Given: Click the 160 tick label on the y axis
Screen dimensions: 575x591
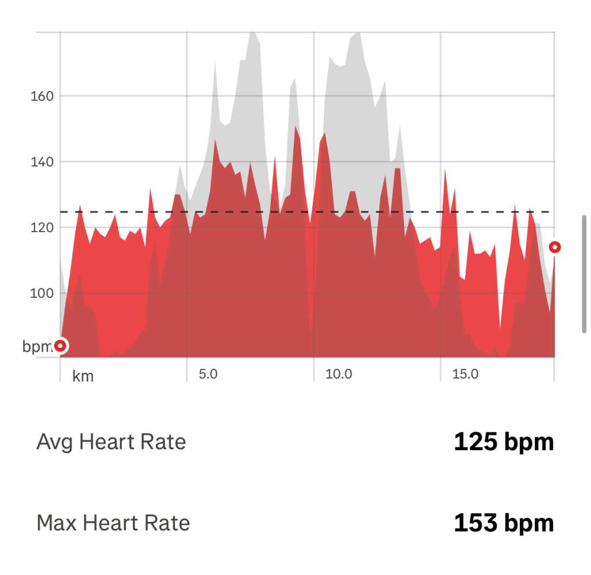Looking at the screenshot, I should point(42,96).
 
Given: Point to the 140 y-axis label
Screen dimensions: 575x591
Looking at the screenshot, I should point(42,162).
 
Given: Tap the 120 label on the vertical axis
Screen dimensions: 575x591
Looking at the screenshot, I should point(42,227).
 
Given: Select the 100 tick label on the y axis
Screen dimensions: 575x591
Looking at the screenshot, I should point(42,293).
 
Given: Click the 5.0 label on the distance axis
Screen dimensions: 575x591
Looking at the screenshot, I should point(208,374).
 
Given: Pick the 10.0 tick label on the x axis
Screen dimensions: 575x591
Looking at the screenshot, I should point(339,374).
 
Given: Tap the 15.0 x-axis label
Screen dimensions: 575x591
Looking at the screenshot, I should point(465,374).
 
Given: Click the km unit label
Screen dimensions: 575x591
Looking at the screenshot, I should point(83,376).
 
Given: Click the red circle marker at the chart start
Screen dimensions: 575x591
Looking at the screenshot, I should point(60,346).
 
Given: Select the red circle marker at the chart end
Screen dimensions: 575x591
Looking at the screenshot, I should point(555,247).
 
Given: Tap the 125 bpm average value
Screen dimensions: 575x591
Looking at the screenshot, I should point(503,442).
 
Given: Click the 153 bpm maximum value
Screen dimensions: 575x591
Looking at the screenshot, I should point(503,524).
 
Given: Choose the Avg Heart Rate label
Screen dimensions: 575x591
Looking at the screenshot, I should point(111,442).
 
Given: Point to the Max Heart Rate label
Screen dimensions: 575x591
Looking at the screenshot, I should point(113,524).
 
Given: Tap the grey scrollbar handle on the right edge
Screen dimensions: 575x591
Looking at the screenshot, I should point(584,274).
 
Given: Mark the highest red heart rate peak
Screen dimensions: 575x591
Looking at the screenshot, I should point(295,126).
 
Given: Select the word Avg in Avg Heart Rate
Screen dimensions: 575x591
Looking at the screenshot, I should point(55,442).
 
